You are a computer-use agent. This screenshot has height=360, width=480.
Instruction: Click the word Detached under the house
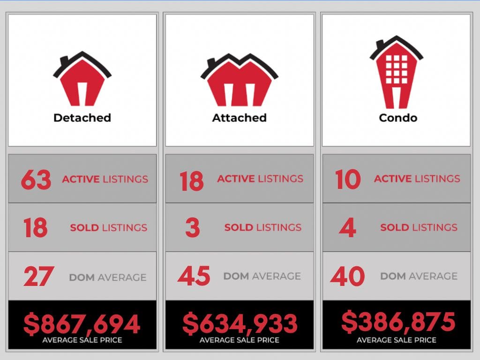82,118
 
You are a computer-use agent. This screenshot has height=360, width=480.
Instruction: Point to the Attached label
239,118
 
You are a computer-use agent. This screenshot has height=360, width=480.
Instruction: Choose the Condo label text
398,118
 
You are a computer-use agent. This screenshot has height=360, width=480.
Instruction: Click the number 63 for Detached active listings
36,180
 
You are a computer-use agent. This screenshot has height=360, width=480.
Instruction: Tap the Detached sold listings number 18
35,228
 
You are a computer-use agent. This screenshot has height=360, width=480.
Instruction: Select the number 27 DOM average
39,277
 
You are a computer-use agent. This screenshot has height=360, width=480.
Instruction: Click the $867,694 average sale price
82,324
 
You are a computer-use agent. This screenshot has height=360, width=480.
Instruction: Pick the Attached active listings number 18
192,181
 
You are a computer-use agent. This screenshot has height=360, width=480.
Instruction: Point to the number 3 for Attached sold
192,228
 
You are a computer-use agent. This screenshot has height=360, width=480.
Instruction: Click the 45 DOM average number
194,276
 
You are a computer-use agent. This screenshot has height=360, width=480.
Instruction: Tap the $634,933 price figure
240,323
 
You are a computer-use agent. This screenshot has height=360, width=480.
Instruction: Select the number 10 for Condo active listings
348,180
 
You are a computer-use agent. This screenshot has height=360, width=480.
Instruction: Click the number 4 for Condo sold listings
347,228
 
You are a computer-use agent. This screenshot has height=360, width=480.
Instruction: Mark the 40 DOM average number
347,276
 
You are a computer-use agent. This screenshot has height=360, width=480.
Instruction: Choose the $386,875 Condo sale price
397,322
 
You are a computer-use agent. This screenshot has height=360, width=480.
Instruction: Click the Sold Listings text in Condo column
419,228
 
